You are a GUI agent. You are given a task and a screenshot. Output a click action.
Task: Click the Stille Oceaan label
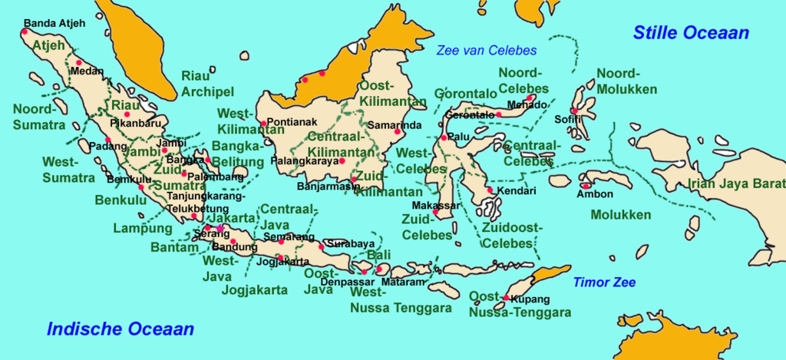tap(690, 33)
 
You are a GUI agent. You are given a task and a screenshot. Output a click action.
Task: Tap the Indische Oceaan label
tap(121, 329)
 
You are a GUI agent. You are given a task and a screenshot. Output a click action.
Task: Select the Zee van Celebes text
tap(486, 51)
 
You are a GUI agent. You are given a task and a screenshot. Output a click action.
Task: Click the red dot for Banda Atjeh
tap(25, 31)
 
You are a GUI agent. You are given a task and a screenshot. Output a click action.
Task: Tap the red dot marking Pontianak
tap(263, 123)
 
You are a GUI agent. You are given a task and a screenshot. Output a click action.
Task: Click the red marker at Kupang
tap(507, 298)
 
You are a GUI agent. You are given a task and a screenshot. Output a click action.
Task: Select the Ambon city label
tap(595, 194)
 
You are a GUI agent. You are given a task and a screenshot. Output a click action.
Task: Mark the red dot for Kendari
tap(490, 190)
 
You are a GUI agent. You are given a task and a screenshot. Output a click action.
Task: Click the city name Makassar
tap(435, 206)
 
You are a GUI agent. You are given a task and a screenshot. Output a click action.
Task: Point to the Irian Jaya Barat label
tap(736, 183)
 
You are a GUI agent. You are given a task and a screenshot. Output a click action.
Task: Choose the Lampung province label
tap(143, 228)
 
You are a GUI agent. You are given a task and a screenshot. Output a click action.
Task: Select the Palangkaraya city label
tap(305, 162)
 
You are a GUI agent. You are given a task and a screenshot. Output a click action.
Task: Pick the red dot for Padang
tap(108, 140)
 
